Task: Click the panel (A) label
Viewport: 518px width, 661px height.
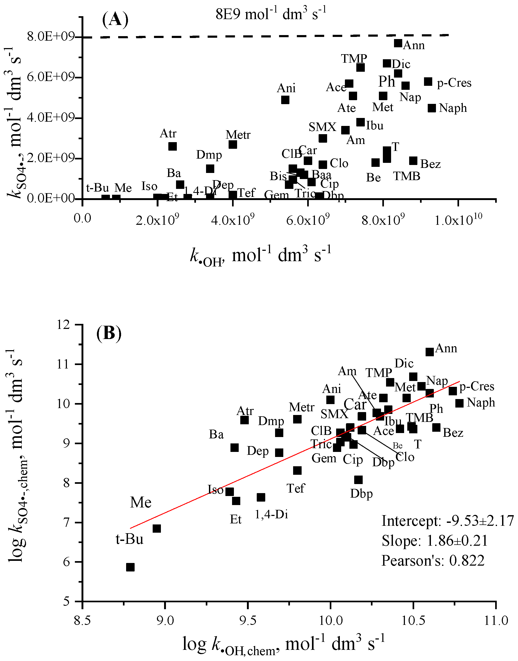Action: click(x=115, y=20)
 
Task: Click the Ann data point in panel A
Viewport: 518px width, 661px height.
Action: click(x=398, y=43)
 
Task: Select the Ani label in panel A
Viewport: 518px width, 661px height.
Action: click(x=286, y=88)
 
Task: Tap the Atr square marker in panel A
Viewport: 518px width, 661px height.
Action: click(x=172, y=146)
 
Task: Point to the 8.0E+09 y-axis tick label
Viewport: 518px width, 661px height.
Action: click(x=51, y=37)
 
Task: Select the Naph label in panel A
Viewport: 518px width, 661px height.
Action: click(x=452, y=108)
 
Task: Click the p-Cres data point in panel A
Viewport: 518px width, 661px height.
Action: click(x=428, y=82)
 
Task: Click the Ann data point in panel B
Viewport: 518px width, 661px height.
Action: click(x=429, y=352)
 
